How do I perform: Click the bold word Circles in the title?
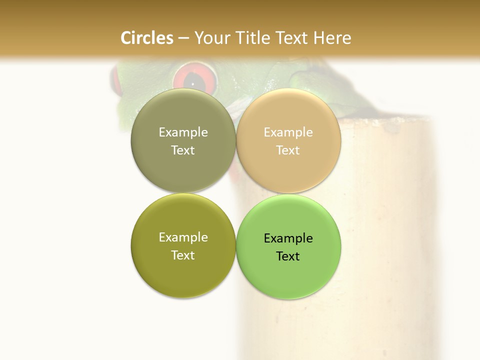click(146, 38)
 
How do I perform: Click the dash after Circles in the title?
click(183, 38)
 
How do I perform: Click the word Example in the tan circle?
click(288, 132)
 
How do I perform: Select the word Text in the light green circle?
click(288, 256)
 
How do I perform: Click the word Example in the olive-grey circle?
click(183, 132)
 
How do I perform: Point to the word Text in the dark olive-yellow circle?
click(183, 255)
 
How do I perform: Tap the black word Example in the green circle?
click(288, 238)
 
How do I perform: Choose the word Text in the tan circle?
click(288, 150)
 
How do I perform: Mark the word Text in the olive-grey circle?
click(183, 150)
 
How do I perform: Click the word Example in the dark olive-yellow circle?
click(183, 237)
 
